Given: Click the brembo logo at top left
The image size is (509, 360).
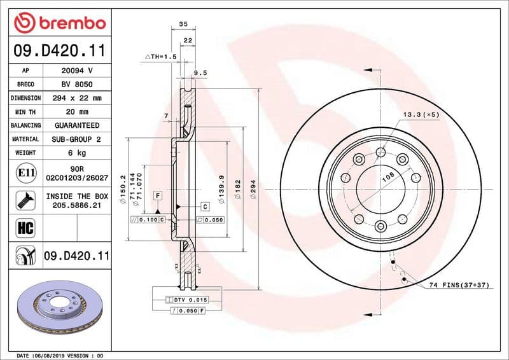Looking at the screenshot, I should tap(59, 23).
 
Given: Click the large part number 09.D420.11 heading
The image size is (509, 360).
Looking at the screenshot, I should tap(59, 50).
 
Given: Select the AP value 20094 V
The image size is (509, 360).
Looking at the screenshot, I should tap(77, 71).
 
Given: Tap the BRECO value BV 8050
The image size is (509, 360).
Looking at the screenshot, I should tap(77, 84).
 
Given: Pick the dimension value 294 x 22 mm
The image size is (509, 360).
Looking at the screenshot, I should tap(77, 98).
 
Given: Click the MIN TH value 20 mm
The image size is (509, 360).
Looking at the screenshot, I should tap(77, 112).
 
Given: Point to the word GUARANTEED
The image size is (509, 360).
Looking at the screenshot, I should tap(77, 125).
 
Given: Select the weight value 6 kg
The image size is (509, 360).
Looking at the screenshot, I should tap(77, 153).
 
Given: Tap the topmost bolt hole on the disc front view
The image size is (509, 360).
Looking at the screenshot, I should tap(380, 152).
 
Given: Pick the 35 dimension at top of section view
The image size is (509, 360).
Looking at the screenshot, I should tap(184, 24).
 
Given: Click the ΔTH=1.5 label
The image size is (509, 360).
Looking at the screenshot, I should tap(160, 57).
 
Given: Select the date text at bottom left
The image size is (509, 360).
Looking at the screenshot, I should tap(59, 355).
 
